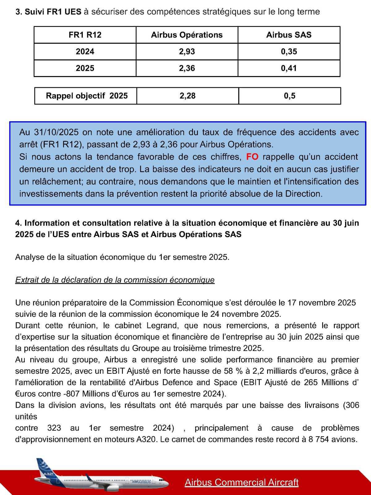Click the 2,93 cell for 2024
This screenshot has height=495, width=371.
187,52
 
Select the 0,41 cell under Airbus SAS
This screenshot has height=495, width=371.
289,68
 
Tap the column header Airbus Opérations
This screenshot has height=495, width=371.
187,35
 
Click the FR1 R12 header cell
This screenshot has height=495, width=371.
85,35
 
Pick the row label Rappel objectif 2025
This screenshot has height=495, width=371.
87,96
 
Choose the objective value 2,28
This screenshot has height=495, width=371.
187,96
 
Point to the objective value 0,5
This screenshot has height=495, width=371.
289,96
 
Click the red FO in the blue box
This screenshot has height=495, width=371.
252,157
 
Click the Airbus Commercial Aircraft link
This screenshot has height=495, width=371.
241,482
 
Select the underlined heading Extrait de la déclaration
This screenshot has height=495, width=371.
115,280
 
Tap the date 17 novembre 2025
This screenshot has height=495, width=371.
322,303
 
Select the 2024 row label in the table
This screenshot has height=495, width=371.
85,52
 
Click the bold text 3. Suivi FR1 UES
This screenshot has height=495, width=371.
48,12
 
